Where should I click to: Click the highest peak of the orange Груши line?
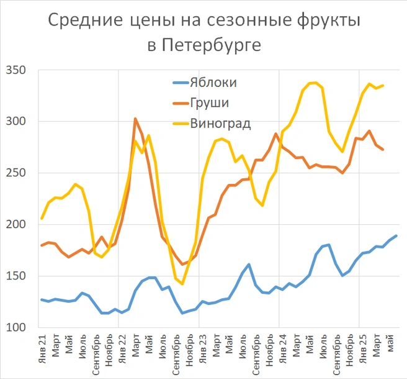[135, 119]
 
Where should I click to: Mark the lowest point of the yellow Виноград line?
[182, 284]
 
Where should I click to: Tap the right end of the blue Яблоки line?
[396, 235]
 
